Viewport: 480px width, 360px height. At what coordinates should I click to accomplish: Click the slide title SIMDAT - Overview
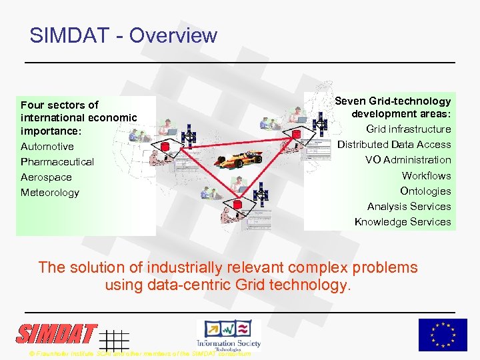pyautogui.click(x=123, y=35)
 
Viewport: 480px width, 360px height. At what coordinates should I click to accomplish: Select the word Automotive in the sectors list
pyautogui.click(x=47, y=147)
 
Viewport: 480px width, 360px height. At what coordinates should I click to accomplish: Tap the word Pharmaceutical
pyautogui.click(x=57, y=162)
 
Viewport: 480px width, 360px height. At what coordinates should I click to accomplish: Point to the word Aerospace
pyautogui.click(x=46, y=177)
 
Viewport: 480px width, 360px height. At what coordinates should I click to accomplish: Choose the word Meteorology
pyautogui.click(x=50, y=193)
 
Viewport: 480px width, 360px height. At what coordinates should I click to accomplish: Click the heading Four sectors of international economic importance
pyautogui.click(x=79, y=117)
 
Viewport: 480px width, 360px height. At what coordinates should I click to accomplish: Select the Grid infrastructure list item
pyautogui.click(x=409, y=129)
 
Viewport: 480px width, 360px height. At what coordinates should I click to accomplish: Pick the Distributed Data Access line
pyautogui.click(x=394, y=145)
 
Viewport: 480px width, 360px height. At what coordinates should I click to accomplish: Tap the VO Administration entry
pyautogui.click(x=417, y=160)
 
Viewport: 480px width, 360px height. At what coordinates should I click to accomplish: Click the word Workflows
pyautogui.click(x=426, y=176)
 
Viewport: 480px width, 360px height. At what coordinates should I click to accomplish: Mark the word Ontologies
pyautogui.click(x=425, y=191)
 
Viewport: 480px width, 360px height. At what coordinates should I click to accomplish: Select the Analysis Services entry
pyautogui.click(x=409, y=207)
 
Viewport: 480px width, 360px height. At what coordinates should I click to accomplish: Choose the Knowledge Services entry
pyautogui.click(x=403, y=222)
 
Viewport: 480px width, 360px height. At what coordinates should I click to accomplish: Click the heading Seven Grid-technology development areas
pyautogui.click(x=393, y=107)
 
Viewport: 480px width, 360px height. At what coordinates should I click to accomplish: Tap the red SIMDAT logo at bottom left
pyautogui.click(x=57, y=333)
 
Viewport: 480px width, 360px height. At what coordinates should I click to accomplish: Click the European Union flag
pyautogui.click(x=442, y=335)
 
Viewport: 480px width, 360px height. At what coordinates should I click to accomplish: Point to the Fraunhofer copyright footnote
pyautogui.click(x=140, y=353)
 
